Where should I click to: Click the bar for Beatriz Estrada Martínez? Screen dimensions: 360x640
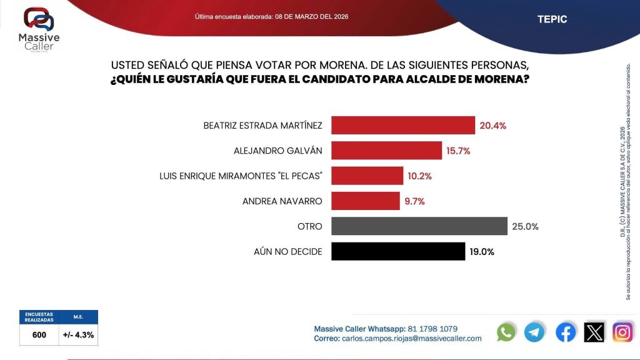(402, 126)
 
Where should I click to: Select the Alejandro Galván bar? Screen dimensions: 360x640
(386, 151)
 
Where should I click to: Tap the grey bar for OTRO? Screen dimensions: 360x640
(419, 226)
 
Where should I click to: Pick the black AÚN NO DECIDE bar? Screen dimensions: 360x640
(397, 251)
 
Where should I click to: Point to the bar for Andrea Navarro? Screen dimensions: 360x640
(365, 201)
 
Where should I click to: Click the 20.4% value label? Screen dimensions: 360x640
(492, 126)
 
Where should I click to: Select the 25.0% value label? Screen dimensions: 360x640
(525, 226)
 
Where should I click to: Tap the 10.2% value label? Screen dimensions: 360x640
(419, 176)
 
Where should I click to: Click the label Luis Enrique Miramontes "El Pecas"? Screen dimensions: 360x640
(241, 176)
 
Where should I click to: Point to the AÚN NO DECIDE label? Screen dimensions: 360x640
(288, 252)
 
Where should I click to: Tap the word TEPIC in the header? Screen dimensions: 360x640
(552, 19)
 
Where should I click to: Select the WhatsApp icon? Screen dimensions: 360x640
(506, 332)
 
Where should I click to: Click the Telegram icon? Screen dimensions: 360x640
(534, 332)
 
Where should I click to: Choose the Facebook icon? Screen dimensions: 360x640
(566, 332)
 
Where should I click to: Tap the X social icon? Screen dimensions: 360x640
(594, 332)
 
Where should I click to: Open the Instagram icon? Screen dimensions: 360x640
(622, 332)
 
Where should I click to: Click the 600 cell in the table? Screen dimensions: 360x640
(39, 335)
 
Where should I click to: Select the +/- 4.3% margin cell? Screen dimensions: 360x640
(78, 335)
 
